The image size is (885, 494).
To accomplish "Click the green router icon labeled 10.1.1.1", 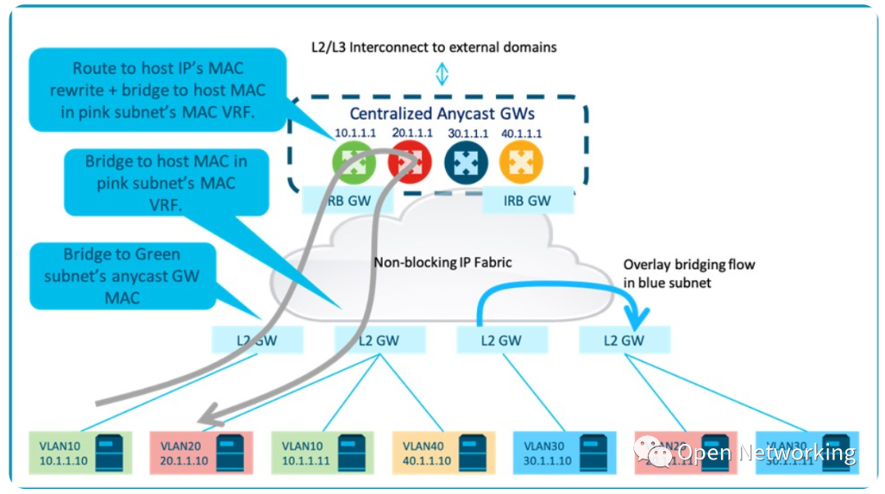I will [x=354, y=162].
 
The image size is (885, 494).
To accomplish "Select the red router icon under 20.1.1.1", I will [x=410, y=162].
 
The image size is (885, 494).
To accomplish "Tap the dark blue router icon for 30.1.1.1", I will [x=465, y=162].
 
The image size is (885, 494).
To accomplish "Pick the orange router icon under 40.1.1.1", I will [x=521, y=162].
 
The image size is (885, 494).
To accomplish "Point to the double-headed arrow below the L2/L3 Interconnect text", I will [x=442, y=75].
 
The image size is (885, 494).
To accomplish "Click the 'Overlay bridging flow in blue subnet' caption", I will [x=688, y=273].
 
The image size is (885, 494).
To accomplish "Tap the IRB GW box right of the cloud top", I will [x=527, y=199].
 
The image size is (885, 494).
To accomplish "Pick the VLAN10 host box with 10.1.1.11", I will [x=321, y=453].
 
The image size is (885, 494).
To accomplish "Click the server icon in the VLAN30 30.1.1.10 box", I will [x=592, y=453].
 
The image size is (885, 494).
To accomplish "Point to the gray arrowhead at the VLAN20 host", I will [x=211, y=416].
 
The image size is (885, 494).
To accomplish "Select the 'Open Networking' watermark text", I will [x=766, y=452].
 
